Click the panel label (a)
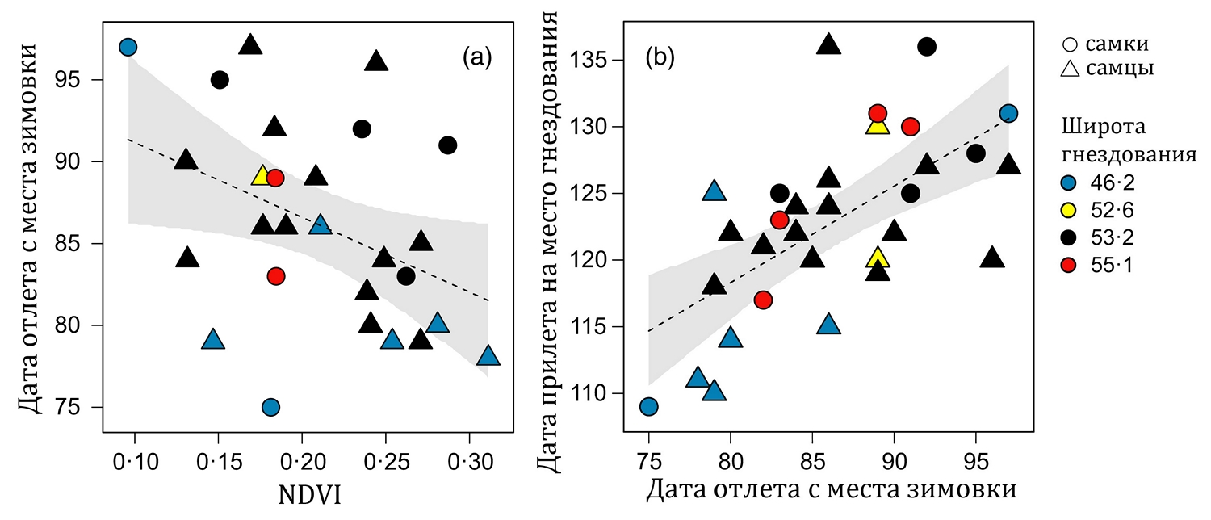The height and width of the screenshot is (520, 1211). pos(476,57)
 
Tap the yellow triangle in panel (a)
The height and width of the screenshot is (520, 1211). pos(262,176)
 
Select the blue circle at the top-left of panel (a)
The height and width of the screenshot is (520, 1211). pos(128,47)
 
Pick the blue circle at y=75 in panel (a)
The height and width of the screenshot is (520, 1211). pos(271,407)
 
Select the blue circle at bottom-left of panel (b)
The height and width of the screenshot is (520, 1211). pos(648,406)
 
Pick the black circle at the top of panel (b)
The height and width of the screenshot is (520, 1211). pos(927,47)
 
